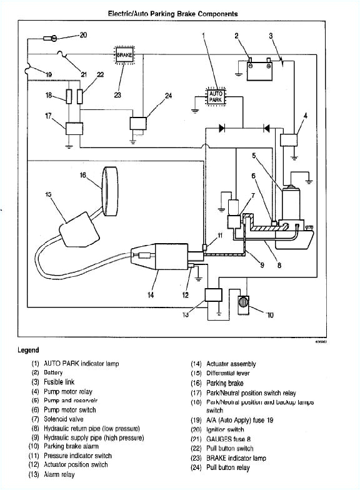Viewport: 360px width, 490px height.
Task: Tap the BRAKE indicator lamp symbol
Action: point(123,56)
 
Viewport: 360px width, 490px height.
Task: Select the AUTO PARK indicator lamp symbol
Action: point(215,96)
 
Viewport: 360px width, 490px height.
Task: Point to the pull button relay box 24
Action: point(138,122)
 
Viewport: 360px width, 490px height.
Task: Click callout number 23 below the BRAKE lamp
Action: point(118,96)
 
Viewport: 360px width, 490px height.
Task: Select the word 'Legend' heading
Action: point(28,350)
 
